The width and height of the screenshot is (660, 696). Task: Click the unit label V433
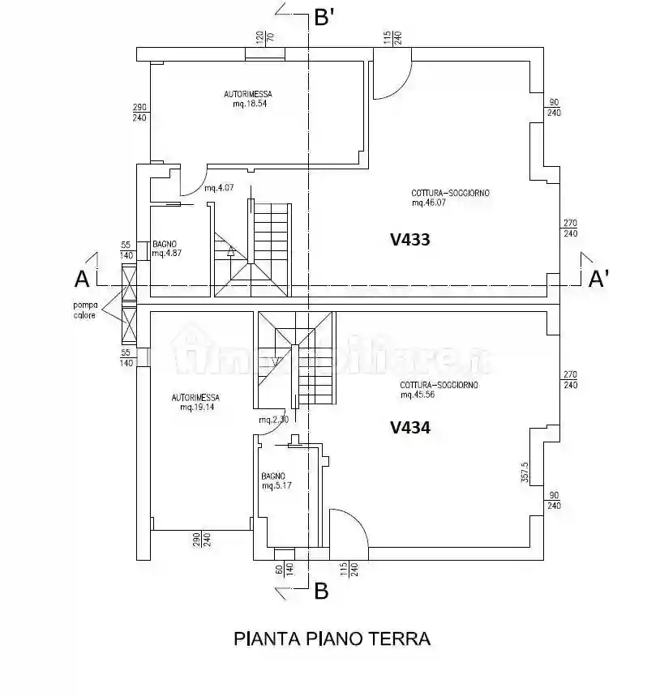click(409, 240)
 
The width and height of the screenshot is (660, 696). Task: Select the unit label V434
click(409, 428)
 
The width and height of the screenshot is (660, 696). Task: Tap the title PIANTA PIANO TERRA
click(332, 638)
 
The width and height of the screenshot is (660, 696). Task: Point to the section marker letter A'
click(599, 280)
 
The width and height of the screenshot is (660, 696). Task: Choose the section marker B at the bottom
click(321, 592)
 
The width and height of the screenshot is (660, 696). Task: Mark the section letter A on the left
click(81, 280)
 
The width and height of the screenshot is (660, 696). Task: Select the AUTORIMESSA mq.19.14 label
click(195, 403)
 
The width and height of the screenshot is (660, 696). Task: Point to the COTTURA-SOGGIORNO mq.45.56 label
click(438, 390)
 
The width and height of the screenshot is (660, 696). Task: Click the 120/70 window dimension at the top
click(266, 37)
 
